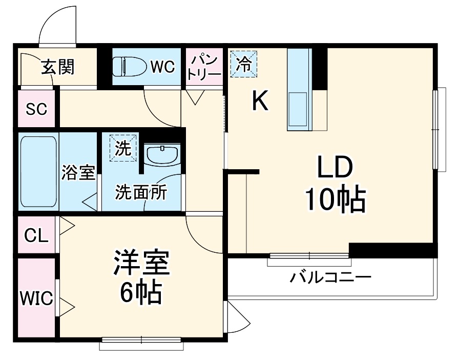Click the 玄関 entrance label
click(x=58, y=67)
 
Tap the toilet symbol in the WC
click(x=126, y=66)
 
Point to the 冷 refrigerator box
click(x=244, y=64)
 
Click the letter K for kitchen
click(x=260, y=101)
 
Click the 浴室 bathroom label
click(x=78, y=173)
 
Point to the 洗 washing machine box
click(x=123, y=148)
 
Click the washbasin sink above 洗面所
click(x=162, y=154)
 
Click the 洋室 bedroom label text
click(x=141, y=264)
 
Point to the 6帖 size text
click(x=141, y=293)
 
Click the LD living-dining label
click(x=335, y=168)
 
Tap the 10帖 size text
click(x=335, y=200)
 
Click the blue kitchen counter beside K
click(x=298, y=90)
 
